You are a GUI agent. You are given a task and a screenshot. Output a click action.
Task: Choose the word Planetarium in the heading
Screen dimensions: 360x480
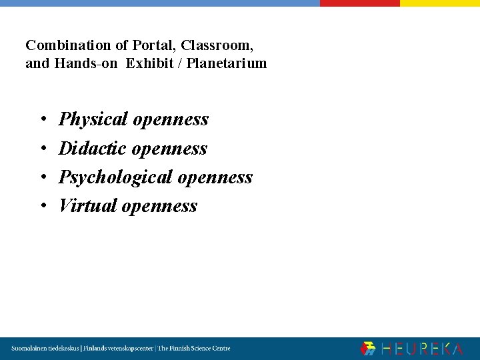tap(227, 64)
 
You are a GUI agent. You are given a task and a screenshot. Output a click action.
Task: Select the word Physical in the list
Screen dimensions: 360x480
tap(93, 119)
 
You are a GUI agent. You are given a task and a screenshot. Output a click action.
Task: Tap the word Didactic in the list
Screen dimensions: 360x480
tap(93, 148)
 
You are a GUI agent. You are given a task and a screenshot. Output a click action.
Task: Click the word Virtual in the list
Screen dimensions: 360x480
tap(88, 205)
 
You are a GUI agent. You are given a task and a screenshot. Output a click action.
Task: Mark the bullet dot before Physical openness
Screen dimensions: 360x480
tap(42, 120)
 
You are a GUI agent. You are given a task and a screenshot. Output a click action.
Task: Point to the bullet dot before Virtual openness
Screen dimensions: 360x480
tap(42, 206)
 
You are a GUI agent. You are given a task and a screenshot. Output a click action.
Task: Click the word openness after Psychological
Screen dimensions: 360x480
tap(215, 177)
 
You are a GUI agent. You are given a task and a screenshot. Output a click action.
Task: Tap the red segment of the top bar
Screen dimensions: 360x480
tap(359, 3)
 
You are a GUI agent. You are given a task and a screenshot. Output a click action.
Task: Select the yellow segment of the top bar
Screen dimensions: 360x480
tap(439, 3)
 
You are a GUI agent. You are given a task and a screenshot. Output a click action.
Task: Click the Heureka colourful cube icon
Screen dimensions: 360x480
tap(368, 349)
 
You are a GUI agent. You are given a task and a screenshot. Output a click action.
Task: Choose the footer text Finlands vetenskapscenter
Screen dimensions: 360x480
tap(117, 349)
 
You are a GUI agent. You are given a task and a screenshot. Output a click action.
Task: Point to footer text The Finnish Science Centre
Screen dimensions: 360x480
tap(194, 349)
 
